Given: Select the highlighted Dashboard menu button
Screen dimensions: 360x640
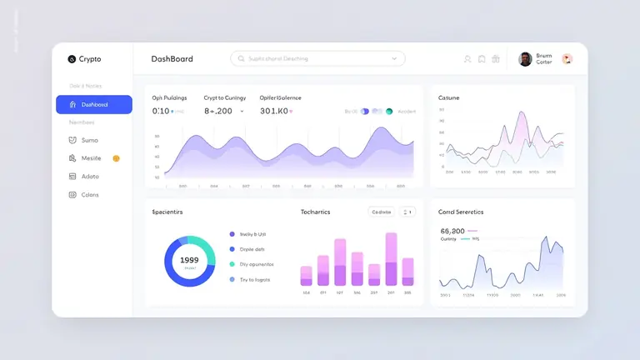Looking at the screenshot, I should (93, 104).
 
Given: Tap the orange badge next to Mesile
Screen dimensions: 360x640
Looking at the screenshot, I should (116, 157).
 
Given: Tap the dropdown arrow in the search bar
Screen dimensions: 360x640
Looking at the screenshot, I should (394, 58).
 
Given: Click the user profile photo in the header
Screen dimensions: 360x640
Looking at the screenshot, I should (525, 59).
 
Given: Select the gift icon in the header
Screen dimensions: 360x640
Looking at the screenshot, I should (496, 59).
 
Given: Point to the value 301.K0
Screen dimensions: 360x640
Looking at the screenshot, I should (273, 111).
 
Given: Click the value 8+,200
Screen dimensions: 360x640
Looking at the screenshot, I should (218, 111).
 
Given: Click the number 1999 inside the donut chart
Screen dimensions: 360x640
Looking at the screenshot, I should (189, 259).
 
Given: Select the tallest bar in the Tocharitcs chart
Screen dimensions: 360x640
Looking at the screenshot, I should (391, 259).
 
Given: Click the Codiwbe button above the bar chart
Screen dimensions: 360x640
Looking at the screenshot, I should (381, 212).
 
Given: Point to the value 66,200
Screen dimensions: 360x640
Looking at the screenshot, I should (452, 231).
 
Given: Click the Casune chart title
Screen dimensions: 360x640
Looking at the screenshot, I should (448, 97).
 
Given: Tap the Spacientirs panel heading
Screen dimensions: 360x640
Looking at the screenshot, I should (167, 212).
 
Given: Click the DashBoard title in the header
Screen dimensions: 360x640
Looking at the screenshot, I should (172, 59).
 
